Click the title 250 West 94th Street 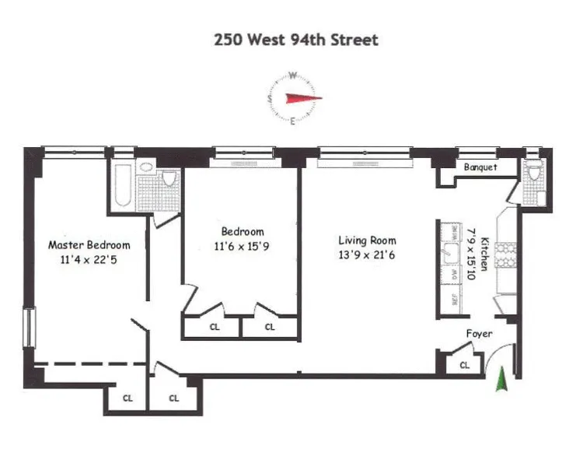pos(296,39)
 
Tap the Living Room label pos(367,241)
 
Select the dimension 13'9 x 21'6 pos(367,255)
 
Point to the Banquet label pos(480,167)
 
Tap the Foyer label pos(479,333)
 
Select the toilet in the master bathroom pos(169,178)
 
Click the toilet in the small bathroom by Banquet pos(532,174)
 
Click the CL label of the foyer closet pos(465,364)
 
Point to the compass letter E pos(292,121)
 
